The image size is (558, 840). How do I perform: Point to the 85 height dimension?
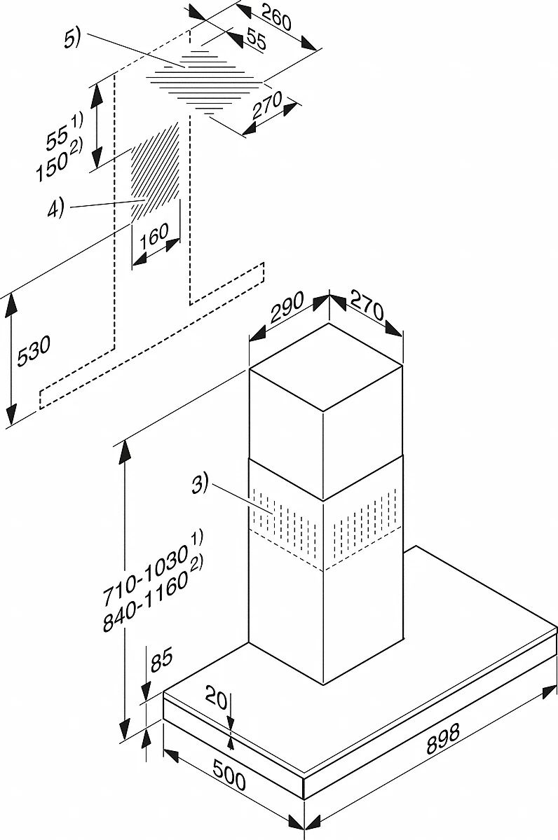coord(161,661)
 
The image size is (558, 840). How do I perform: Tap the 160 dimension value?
coord(154,237)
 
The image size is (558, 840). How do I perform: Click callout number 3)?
coord(201,483)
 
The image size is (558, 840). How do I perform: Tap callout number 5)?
coord(72,39)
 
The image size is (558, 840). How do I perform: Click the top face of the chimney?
coord(326,366)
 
